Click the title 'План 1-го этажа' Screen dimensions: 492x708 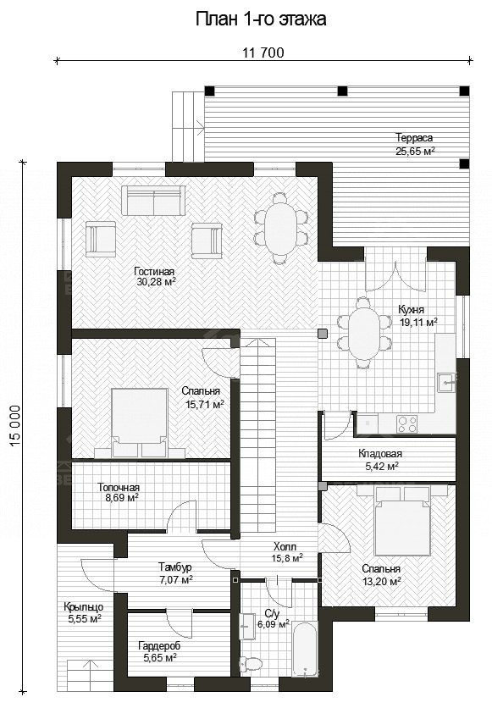click(x=261, y=19)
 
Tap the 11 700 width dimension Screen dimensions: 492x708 click(x=263, y=53)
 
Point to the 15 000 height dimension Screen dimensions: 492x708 click(x=14, y=426)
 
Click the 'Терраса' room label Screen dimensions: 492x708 click(x=414, y=138)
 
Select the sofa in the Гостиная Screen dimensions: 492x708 click(x=153, y=200)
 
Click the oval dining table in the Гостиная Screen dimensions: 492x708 click(x=280, y=228)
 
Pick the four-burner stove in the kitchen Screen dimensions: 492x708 click(x=406, y=423)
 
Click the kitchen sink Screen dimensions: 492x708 click(x=445, y=382)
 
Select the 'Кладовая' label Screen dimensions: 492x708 click(x=380, y=453)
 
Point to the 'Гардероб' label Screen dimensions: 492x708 click(x=159, y=646)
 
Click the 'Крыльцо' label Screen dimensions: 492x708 click(x=84, y=607)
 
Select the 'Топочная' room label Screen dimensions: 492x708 click(x=119, y=488)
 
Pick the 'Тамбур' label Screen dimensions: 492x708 click(x=175, y=567)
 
